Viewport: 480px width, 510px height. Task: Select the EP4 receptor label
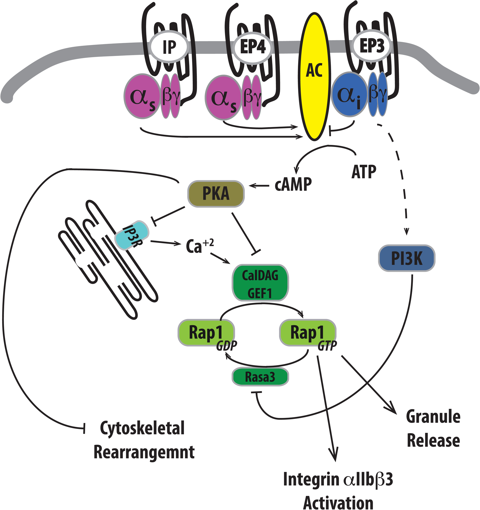tap(253, 47)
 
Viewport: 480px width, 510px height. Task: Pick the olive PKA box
tap(216, 194)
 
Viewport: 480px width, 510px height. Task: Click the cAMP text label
tap(293, 184)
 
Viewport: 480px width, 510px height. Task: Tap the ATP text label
tap(364, 172)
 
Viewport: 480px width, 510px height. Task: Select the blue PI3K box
tap(407, 258)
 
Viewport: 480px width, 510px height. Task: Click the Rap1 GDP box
tap(206, 332)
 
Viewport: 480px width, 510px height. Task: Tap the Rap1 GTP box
tap(307, 332)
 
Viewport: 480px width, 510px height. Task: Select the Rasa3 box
tap(260, 377)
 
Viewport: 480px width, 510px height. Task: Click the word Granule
tap(433, 417)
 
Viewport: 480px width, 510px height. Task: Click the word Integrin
tap(311, 479)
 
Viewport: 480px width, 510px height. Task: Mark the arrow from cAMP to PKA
tap(259, 186)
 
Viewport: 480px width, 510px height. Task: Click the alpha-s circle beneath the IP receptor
tap(142, 96)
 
